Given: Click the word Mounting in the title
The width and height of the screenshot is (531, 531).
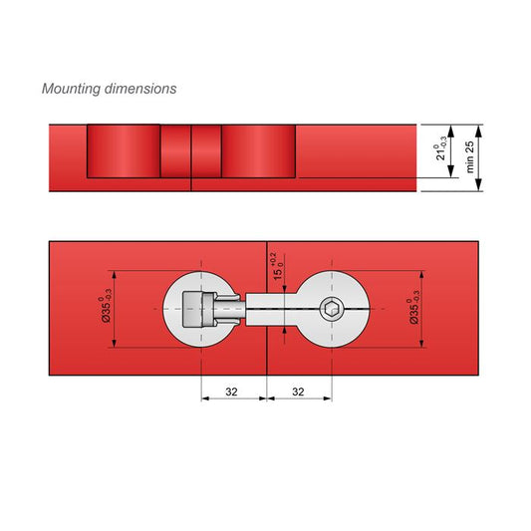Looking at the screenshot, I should [x=69, y=89].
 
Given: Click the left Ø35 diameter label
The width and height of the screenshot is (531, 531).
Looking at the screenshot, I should [x=104, y=309].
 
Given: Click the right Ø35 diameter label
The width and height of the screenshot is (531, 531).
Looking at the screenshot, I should [x=412, y=309].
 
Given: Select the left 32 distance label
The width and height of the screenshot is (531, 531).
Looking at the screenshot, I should [x=231, y=393].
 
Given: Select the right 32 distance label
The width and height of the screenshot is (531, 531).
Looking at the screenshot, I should [x=299, y=393].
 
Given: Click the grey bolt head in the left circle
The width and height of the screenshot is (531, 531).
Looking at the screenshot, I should [x=199, y=310].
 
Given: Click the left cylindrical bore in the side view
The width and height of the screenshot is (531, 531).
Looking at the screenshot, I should [x=124, y=151].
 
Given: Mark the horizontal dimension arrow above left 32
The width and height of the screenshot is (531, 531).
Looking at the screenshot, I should [x=234, y=398].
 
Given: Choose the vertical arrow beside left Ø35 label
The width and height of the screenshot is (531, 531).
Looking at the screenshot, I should [x=116, y=309].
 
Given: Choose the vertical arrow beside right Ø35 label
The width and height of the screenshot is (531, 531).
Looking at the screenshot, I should [x=424, y=309].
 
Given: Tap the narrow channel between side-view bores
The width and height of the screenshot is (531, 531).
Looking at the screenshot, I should [x=190, y=151].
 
